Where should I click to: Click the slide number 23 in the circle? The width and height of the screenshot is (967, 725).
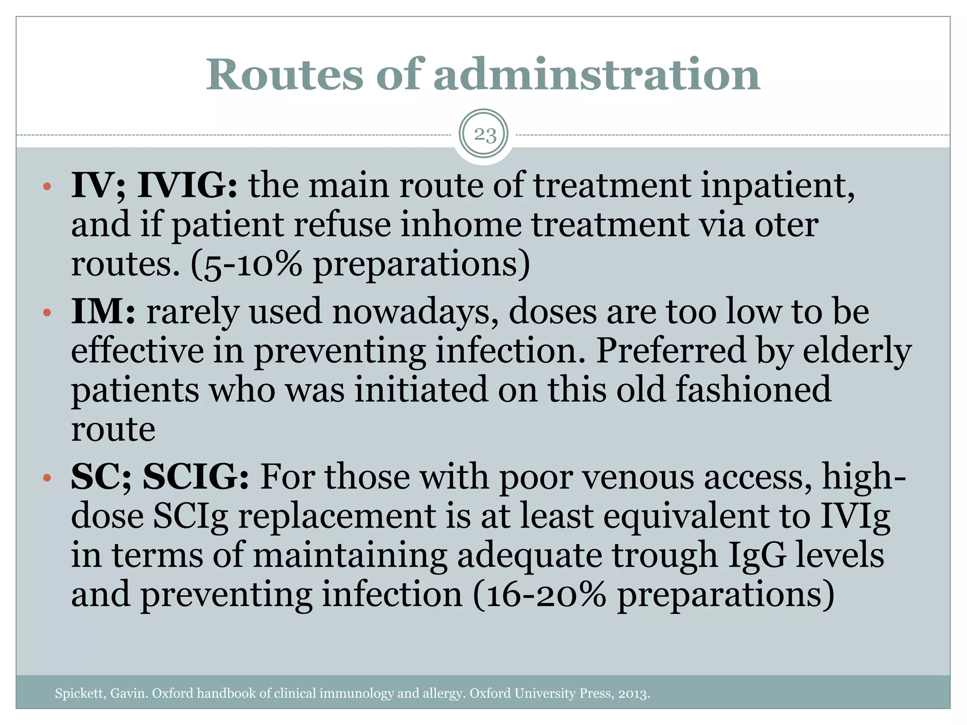[485, 135]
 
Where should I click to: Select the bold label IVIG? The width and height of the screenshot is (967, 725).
[187, 185]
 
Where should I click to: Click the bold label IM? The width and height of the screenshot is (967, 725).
[103, 312]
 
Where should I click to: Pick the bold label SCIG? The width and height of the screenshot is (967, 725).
[196, 477]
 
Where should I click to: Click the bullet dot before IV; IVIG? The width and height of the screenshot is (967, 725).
[46, 186]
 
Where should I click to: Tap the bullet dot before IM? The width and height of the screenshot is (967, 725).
[46, 312]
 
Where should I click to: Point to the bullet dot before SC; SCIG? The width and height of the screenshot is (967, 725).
[46, 478]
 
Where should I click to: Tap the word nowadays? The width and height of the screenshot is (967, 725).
[415, 312]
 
